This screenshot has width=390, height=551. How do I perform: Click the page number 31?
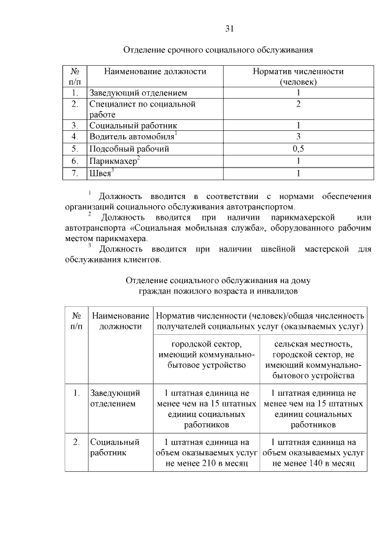(230, 29)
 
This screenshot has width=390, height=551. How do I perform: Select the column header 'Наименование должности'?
(155, 71)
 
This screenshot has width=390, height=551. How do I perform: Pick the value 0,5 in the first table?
(299, 148)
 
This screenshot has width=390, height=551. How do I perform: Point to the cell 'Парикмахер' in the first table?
(113, 161)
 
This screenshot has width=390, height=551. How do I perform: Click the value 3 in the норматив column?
(299, 136)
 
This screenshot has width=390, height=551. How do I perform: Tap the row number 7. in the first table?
(74, 174)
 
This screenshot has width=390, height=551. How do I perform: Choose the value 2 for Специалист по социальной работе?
(299, 104)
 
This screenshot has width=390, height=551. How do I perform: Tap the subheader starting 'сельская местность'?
(313, 355)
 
